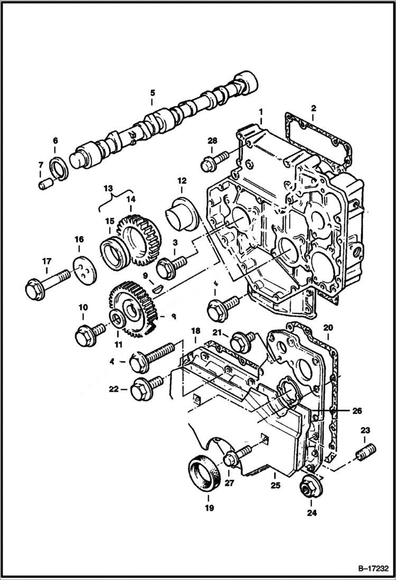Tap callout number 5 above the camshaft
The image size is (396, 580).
pyautogui.click(x=152, y=93)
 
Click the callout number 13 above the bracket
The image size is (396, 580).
pyautogui.click(x=108, y=188)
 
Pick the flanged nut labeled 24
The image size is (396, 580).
pyautogui.click(x=309, y=485)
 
